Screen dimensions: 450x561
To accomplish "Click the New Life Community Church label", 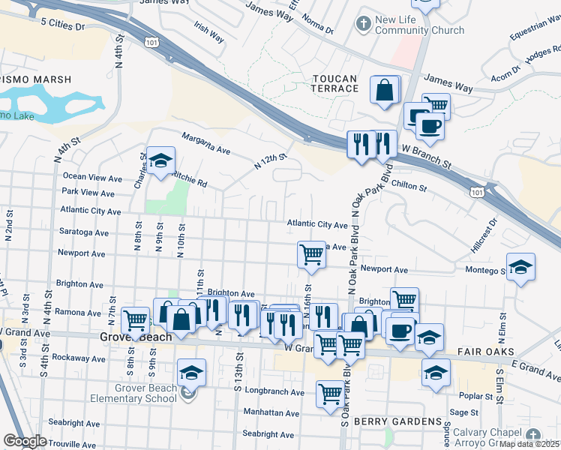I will tap(419, 25).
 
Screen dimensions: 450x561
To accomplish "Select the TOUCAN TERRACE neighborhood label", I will tap(334, 82).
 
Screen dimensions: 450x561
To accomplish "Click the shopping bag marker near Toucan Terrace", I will tap(385, 91).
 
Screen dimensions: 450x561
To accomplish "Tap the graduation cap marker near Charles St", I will tap(160, 161).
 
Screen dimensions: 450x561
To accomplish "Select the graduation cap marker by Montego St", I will tap(520, 268).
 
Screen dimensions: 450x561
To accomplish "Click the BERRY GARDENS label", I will tap(398, 421).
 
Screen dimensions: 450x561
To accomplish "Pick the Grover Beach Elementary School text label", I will tap(146, 393).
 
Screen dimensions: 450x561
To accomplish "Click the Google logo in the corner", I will tap(25, 442).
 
